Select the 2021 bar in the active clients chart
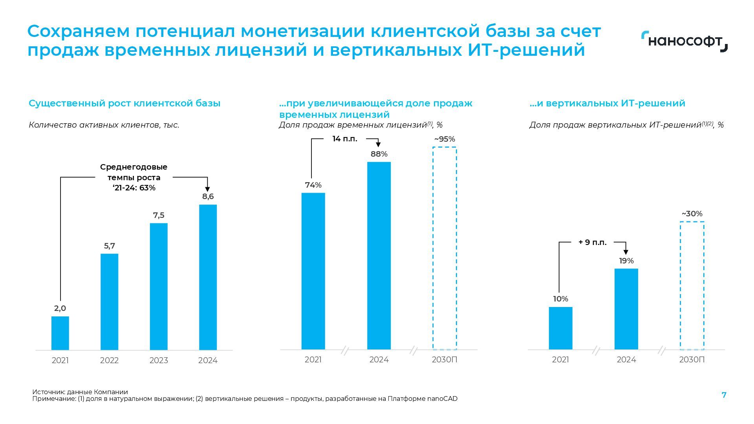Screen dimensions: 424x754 60,333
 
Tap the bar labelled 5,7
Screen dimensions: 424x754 109,302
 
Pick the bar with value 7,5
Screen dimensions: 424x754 159,286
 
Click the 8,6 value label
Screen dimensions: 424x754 208,196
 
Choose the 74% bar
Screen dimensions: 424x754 313,271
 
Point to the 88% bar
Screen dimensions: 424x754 379,255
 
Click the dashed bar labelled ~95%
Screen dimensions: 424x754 445,248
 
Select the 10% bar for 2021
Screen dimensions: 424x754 560,328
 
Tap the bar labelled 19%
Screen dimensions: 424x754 626,309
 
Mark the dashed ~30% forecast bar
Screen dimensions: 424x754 692,285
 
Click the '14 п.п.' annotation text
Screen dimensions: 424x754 345,139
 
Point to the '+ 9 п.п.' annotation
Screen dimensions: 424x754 592,243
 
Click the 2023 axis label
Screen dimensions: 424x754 159,360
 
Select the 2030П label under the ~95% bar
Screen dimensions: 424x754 445,360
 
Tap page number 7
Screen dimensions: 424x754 724,395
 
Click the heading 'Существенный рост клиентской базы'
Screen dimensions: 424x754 124,103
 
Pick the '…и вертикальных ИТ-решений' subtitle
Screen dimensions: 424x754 607,103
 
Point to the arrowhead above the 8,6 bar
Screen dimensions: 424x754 208,189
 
